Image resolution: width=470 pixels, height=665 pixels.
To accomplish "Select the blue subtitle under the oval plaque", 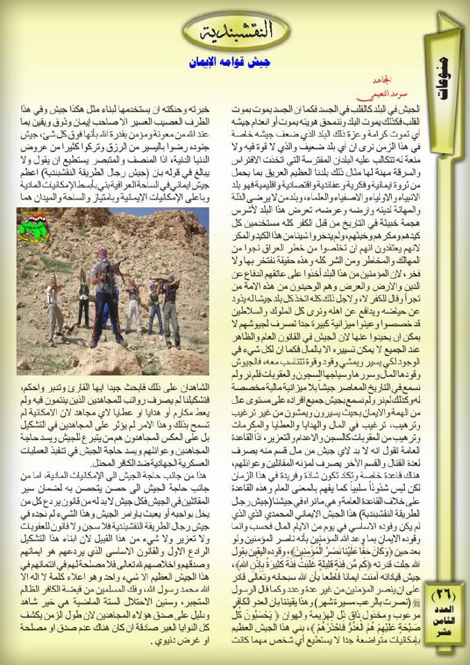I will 232,62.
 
